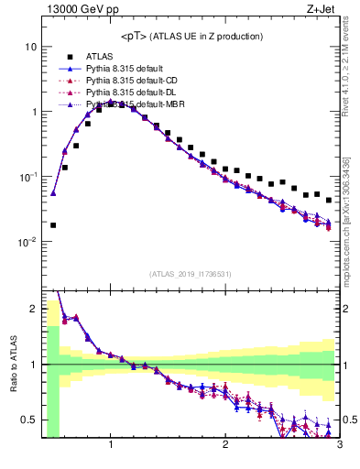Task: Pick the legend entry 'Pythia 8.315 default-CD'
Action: (127, 82)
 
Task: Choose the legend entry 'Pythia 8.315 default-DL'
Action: (127, 93)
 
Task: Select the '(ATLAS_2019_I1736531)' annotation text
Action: (191, 274)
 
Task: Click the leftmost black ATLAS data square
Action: (53, 224)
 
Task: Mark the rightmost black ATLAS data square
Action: (329, 200)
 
